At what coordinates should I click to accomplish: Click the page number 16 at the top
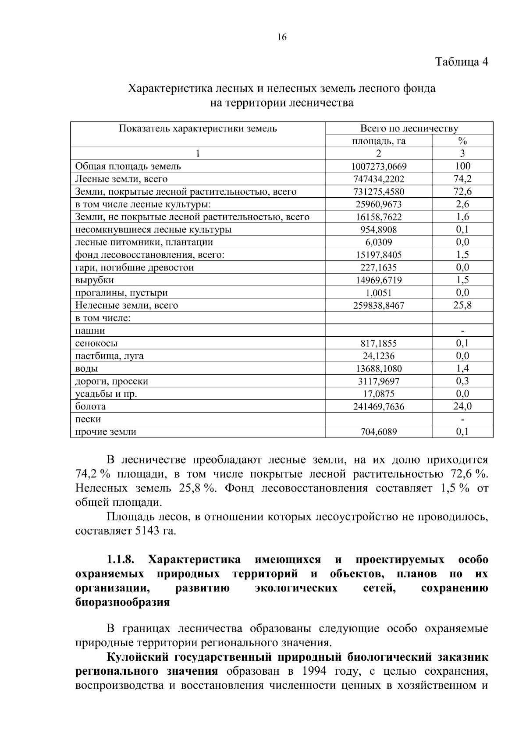click(x=282, y=37)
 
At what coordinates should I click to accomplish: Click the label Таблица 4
click(x=461, y=61)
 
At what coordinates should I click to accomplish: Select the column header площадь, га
click(x=379, y=141)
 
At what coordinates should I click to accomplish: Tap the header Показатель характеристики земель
click(x=198, y=128)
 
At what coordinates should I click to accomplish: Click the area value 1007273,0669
click(x=379, y=166)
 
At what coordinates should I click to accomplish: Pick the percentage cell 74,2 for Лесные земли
click(x=462, y=179)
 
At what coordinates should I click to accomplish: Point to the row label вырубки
click(x=95, y=280)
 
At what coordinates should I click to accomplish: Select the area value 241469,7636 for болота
click(x=379, y=406)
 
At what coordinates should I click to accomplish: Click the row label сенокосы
click(x=96, y=343)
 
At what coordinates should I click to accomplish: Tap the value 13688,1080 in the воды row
click(x=379, y=369)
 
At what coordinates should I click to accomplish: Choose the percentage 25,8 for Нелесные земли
click(x=462, y=305)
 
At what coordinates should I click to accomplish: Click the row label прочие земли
click(x=106, y=432)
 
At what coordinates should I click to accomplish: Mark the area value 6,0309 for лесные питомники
click(x=379, y=242)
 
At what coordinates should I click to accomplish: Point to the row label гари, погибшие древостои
click(x=135, y=267)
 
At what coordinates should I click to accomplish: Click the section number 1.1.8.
click(x=121, y=560)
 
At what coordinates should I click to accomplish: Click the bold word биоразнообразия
click(x=122, y=602)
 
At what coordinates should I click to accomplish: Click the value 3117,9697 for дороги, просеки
click(x=379, y=381)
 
